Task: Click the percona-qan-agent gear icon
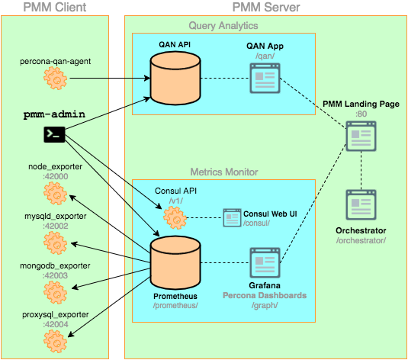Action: pos(54,77)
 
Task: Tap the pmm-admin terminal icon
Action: pos(54,136)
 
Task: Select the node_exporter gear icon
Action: pos(54,194)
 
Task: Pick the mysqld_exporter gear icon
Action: pos(54,243)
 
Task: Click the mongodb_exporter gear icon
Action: pos(54,291)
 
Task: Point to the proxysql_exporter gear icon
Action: pos(54,339)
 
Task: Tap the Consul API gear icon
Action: pos(176,219)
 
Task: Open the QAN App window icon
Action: pos(265,77)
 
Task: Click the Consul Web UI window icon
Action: pos(233,218)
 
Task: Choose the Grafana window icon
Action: pos(265,265)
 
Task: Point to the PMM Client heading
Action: pos(54,8)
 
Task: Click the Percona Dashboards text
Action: pos(265,294)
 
